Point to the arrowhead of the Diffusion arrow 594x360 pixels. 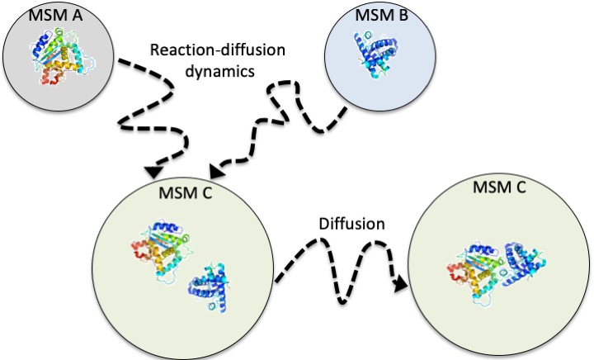coord(402,285)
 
